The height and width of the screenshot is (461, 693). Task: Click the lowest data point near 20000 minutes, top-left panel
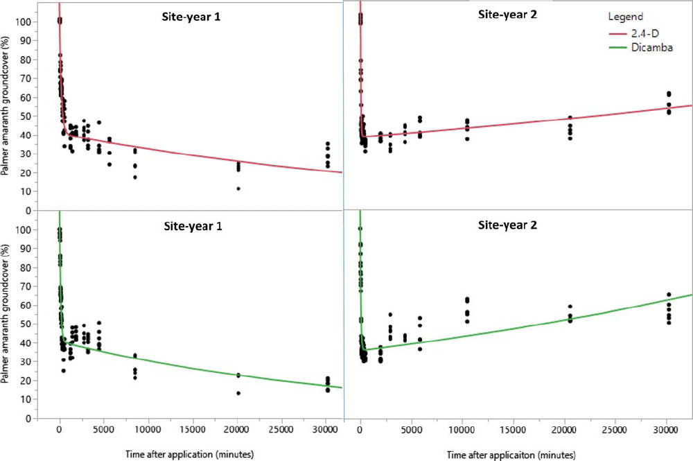(238, 189)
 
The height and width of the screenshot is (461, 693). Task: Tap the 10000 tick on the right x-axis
(462, 430)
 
